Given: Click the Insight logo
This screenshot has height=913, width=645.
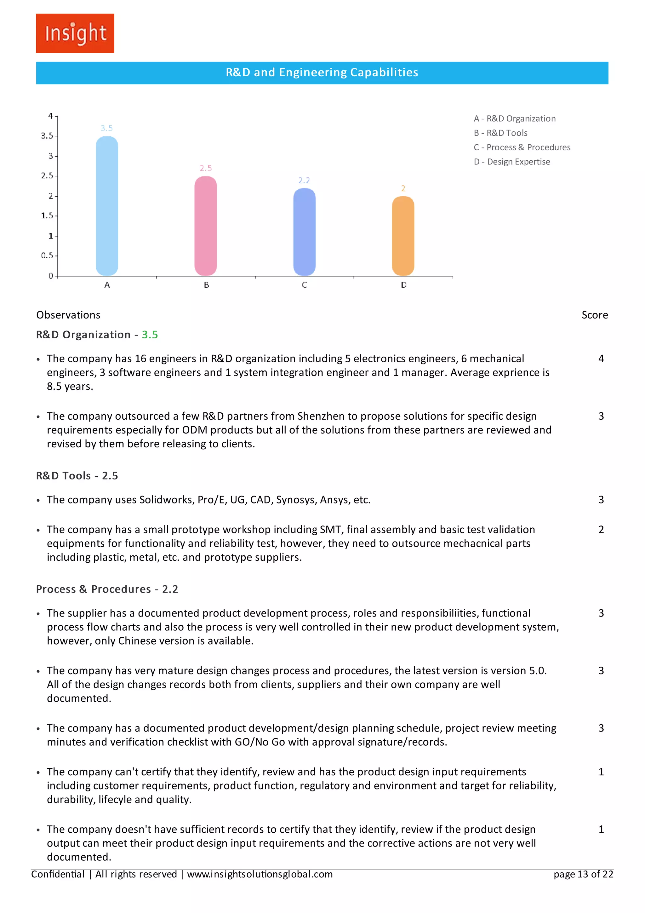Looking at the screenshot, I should coord(75,33).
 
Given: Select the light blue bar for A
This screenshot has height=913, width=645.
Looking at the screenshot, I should coord(107,206).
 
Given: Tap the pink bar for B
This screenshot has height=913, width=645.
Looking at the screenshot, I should coord(205,226).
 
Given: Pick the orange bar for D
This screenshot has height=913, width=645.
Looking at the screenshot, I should coord(403,236).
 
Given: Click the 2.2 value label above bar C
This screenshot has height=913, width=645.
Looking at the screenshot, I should coord(304,181).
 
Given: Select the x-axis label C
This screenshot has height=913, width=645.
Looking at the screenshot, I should coord(305,285).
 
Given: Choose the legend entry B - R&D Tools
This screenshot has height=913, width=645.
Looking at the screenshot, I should coord(500,133).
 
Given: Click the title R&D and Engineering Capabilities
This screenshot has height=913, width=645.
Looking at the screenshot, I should coord(322,72).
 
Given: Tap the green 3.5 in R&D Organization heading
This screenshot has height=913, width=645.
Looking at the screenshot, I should coord(150,335).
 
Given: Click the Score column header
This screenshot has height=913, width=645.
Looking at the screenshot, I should coord(595,315).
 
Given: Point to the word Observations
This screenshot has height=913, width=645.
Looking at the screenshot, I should coord(68,315).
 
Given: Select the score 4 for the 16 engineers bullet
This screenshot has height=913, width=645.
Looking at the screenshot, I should coord(601,359).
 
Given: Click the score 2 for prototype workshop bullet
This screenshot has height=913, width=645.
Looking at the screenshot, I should coord(601,530).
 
